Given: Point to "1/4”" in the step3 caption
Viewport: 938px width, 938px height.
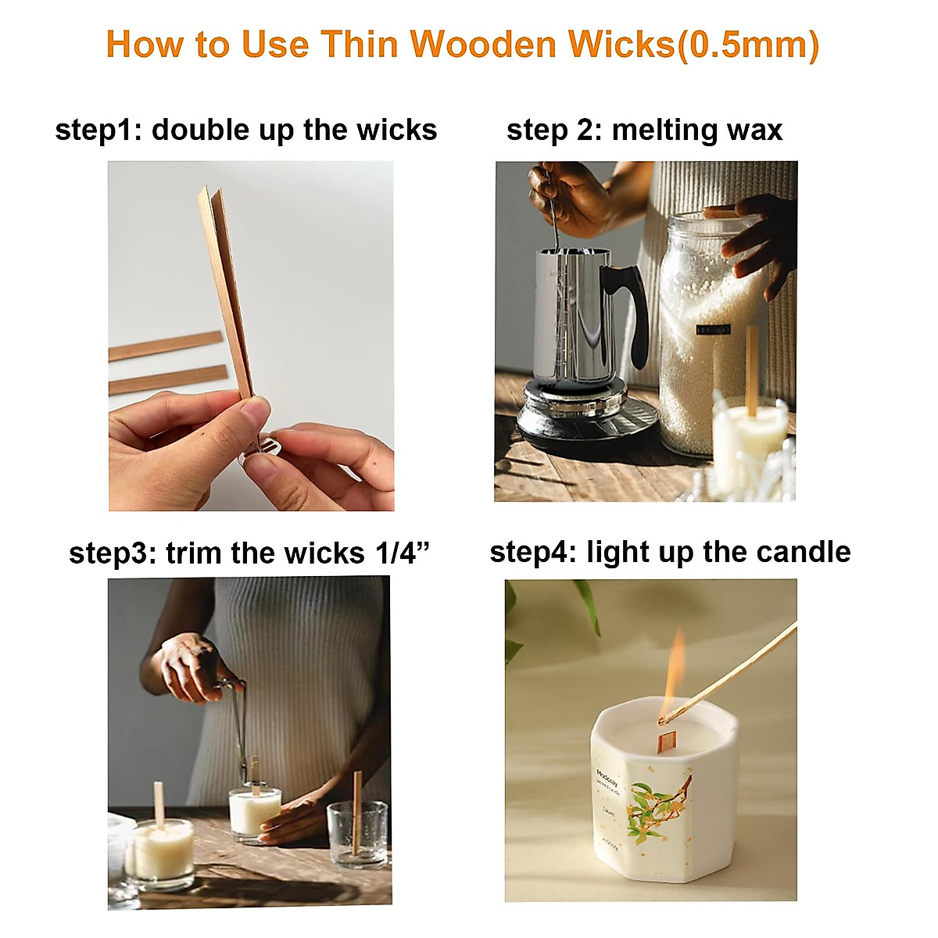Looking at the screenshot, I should pos(402,553).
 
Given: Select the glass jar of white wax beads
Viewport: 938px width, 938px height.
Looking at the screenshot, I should pos(703,328).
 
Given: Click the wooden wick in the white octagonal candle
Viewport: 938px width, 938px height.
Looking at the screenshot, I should pos(666,739).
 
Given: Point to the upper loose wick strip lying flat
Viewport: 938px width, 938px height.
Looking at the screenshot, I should pos(166,345).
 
